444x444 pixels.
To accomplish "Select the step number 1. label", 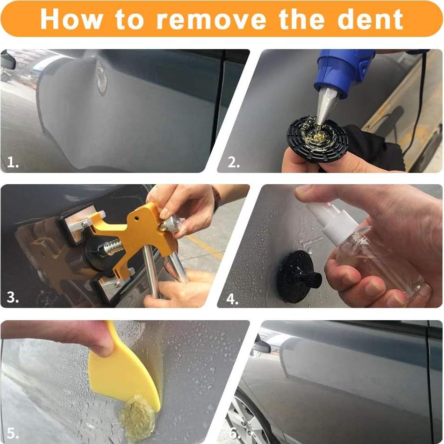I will coord(13,162).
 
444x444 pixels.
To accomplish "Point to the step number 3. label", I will coord(13,298).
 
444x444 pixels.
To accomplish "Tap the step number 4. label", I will coord(232,298).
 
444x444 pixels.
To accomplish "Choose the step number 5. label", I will coord(13,433).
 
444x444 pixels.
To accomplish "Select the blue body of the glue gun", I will coord(344,70).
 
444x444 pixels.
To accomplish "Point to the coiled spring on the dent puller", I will coord(112,247).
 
